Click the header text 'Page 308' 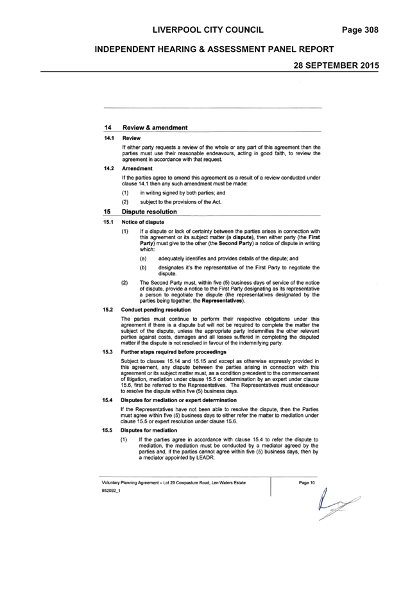pos(360,30)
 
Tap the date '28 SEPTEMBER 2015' pos(336,65)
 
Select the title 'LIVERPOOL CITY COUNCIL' pos(208,30)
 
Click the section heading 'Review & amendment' pos(155,128)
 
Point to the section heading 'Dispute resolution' pos(150,212)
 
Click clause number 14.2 pos(109,169)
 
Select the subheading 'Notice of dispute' pos(143,222)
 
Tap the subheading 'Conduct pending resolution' pos(156,310)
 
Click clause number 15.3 pos(108,352)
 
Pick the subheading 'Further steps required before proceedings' pos(173,352)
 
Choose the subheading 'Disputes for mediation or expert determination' pos(178,400)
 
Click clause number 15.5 pos(108,430)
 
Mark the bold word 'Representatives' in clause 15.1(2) pos(222,301)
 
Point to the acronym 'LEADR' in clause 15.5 pos(205,457)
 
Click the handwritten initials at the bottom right pos(338,504)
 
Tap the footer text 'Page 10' pos(307,482)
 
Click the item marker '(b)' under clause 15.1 pos(143,267)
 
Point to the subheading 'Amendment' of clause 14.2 pos(137,169)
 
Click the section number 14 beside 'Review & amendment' pos(108,128)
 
